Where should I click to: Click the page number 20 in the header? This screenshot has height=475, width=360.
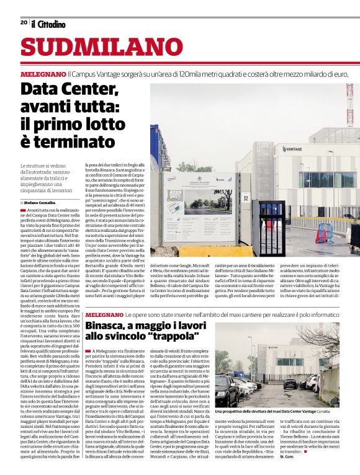(24, 22)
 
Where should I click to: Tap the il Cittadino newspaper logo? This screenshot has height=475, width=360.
(48, 24)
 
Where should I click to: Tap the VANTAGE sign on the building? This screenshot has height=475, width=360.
(292, 149)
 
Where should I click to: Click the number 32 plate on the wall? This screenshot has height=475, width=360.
(246, 198)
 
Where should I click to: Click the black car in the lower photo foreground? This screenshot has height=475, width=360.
(227, 391)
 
